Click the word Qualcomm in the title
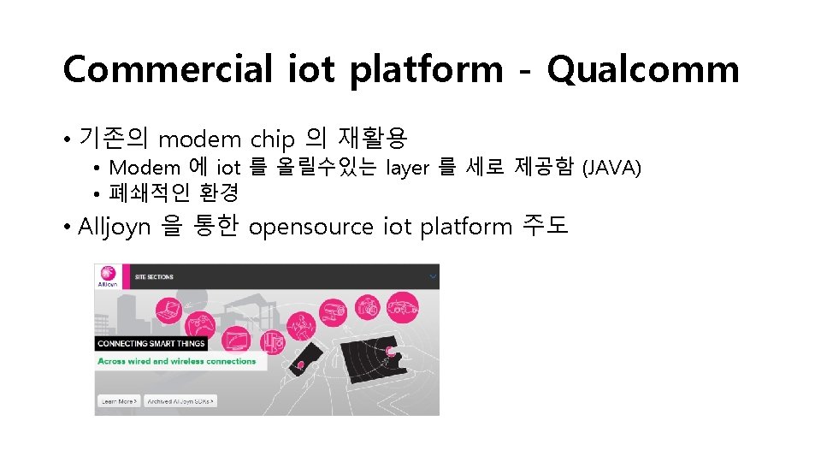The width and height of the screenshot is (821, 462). pyautogui.click(x=642, y=68)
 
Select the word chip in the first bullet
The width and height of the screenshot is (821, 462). pyautogui.click(x=272, y=138)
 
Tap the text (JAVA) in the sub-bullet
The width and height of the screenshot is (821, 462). pyautogui.click(x=611, y=167)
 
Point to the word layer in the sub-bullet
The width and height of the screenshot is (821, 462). pyautogui.click(x=408, y=167)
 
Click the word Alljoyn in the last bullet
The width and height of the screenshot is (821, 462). pyautogui.click(x=115, y=227)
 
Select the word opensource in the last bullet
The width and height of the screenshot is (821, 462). pyautogui.click(x=311, y=227)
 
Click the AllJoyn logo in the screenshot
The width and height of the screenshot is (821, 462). pyautogui.click(x=109, y=275)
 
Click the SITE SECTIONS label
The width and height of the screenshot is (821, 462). pyautogui.click(x=155, y=277)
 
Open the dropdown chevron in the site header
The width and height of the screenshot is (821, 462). pyautogui.click(x=433, y=276)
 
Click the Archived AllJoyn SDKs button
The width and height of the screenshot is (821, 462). pyautogui.click(x=180, y=400)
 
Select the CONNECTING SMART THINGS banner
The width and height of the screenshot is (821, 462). pyautogui.click(x=151, y=343)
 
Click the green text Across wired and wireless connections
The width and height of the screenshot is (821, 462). pyautogui.click(x=177, y=361)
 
